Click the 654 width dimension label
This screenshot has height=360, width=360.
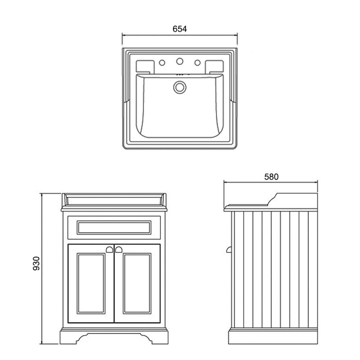[x=180, y=29]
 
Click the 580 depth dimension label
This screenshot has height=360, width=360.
[x=271, y=177]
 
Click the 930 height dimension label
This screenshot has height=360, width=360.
[x=36, y=263]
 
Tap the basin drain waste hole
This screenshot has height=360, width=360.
[x=180, y=87]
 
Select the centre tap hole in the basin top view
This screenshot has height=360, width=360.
[x=180, y=61]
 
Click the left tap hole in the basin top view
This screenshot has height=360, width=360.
[x=162, y=63]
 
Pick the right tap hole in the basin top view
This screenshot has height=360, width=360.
[x=197, y=63]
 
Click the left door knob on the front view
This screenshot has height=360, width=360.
[x=109, y=249]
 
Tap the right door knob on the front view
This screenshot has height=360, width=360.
[x=119, y=249]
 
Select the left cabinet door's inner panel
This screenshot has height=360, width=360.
[x=91, y=283]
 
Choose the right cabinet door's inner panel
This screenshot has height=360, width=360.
[x=137, y=283]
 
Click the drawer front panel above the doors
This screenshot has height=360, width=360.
[x=114, y=228]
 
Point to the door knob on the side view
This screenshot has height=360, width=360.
[x=229, y=250]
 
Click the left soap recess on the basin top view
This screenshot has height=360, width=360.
[x=145, y=66]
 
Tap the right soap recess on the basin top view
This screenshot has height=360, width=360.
[x=214, y=66]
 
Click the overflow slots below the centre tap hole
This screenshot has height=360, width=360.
[x=183, y=74]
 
